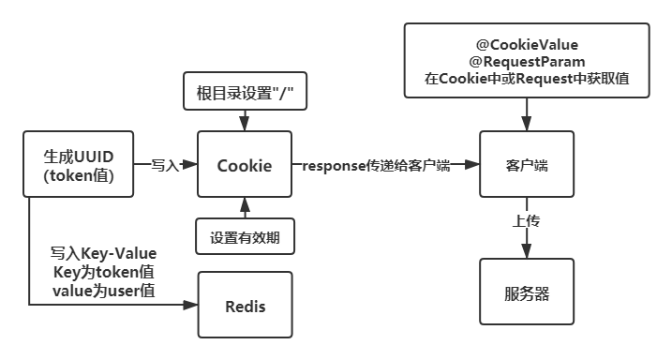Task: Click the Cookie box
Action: click(x=245, y=165)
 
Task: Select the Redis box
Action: click(x=245, y=306)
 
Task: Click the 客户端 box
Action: click(x=526, y=165)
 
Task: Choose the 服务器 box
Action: click(x=526, y=294)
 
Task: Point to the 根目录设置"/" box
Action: click(x=245, y=93)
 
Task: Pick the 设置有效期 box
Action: click(x=245, y=236)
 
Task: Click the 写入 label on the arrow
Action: click(x=165, y=165)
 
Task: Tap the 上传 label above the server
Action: click(x=526, y=222)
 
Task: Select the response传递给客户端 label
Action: click(x=375, y=166)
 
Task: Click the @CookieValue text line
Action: click(x=526, y=44)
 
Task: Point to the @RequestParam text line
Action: click(x=526, y=62)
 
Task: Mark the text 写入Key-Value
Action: click(x=104, y=254)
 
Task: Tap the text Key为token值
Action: click(x=104, y=272)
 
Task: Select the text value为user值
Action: click(x=104, y=291)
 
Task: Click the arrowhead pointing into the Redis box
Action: click(x=192, y=306)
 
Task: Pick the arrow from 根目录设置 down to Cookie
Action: click(x=245, y=121)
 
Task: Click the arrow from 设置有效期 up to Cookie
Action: click(x=245, y=207)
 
